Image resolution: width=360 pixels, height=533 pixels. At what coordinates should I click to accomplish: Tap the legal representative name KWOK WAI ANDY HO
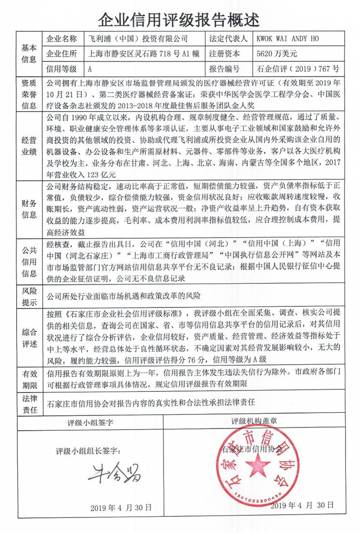coord(287,39)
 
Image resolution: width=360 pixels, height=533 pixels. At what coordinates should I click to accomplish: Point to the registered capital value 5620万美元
coord(276,54)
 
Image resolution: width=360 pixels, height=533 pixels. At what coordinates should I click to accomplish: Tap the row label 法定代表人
coord(229,39)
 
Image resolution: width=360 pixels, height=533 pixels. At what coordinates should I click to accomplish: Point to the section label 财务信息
coord(29,210)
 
